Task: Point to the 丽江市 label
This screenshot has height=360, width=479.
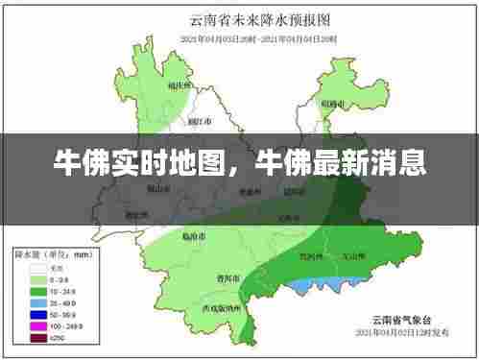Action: (200, 122)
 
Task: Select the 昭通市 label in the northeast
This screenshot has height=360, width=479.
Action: (332, 103)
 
